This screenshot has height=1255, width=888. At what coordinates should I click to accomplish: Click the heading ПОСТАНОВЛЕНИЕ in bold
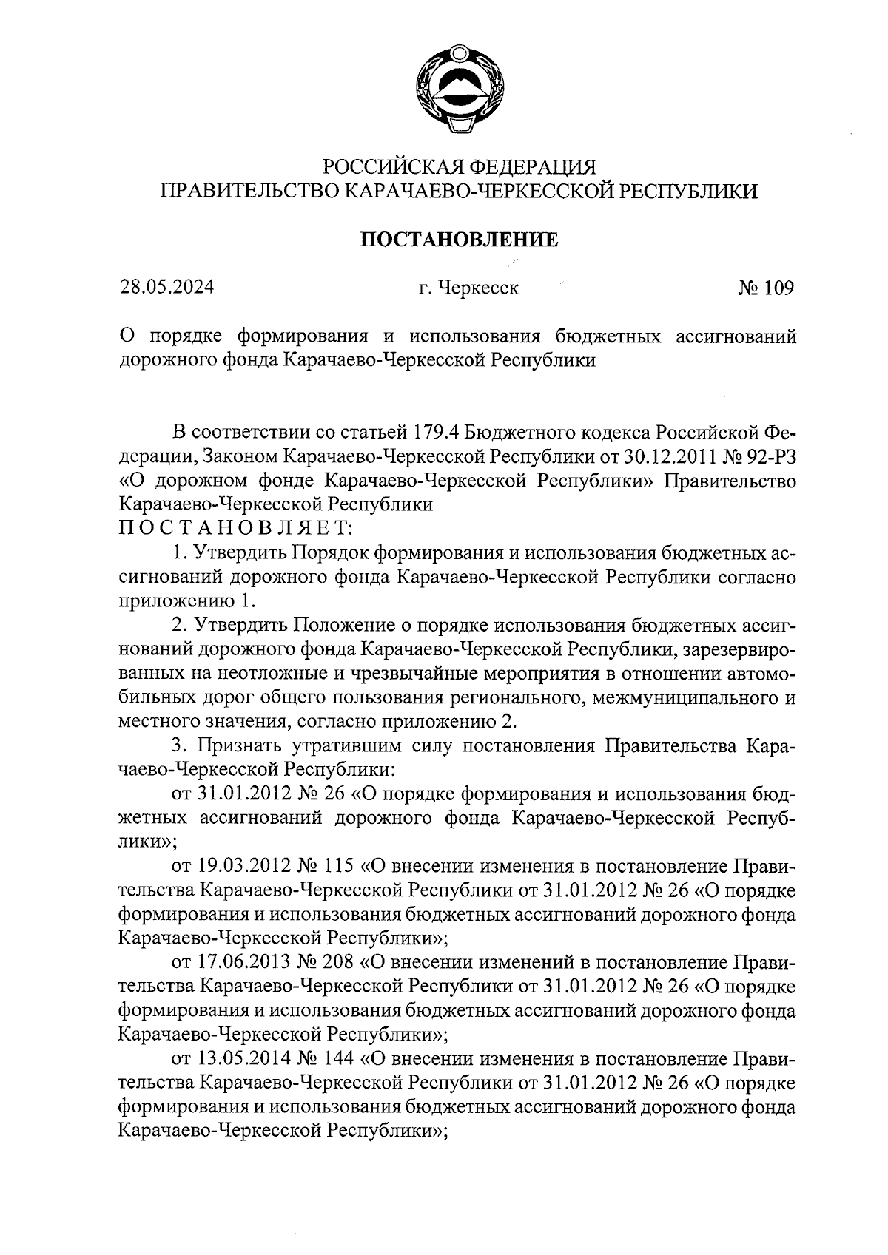tap(459, 240)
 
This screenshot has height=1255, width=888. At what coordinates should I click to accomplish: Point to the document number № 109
tap(765, 287)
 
